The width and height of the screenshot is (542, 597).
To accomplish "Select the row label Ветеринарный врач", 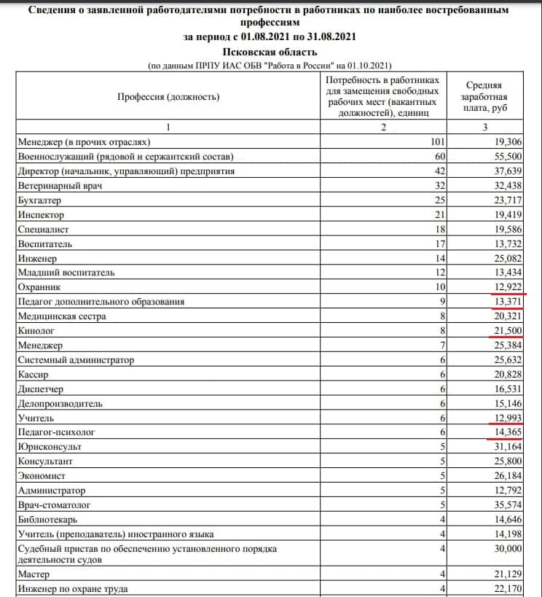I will [x=60, y=187].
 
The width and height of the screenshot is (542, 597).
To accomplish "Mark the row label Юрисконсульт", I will [x=50, y=446].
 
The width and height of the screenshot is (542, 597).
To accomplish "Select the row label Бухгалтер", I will [x=40, y=200].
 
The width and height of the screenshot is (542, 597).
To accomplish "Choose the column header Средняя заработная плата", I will [x=485, y=97].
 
